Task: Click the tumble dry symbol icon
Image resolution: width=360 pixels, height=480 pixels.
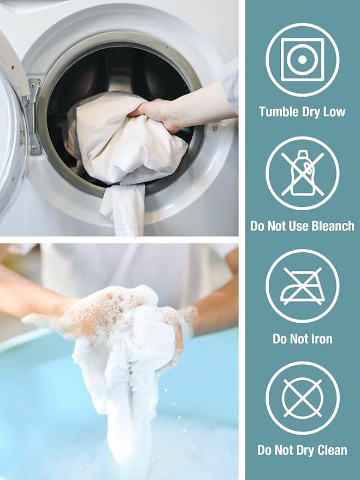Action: pyautogui.click(x=302, y=60)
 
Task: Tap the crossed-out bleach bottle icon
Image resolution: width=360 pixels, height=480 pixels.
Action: pyautogui.click(x=302, y=173)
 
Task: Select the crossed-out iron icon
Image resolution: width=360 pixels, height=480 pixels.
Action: pyautogui.click(x=302, y=286)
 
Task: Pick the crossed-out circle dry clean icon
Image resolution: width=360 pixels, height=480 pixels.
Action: pyautogui.click(x=302, y=398)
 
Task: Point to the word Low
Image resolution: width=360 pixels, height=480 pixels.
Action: pyautogui.click(x=334, y=112)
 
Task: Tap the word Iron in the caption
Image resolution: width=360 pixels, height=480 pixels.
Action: pyautogui.click(x=321, y=339)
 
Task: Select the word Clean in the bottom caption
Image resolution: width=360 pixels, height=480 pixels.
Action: pyautogui.click(x=332, y=451)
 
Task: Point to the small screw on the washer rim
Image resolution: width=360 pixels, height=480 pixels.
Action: pyautogui.click(x=215, y=127)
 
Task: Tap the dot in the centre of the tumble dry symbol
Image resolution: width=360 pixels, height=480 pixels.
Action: pyautogui.click(x=302, y=60)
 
